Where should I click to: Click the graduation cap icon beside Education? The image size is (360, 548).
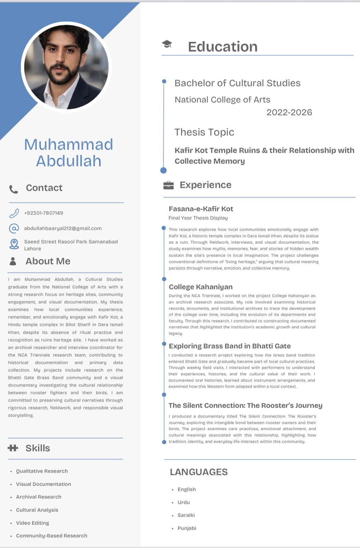167,44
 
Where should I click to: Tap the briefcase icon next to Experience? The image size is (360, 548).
169,185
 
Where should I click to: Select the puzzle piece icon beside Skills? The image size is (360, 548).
13,448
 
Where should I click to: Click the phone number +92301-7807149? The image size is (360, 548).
44,213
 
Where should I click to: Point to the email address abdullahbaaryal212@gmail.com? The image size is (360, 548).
63,228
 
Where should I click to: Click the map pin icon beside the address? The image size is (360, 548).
14,244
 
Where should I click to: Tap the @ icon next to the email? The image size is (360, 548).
14,228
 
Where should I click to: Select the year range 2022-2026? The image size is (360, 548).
289,112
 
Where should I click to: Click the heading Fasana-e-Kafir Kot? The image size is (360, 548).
201,209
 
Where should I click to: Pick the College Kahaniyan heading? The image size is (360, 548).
200,287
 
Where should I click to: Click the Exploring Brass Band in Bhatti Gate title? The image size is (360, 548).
229,346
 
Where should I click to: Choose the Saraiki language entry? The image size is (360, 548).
186,515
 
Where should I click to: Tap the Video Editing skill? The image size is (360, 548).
33,523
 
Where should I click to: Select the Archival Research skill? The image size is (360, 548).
39,497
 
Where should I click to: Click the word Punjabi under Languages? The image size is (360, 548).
187,528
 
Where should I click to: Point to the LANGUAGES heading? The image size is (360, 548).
199,472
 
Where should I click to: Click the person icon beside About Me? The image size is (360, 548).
13,261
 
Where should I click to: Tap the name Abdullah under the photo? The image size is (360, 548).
69,161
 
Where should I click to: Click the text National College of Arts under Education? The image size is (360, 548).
222,100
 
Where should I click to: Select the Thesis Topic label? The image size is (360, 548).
204,132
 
